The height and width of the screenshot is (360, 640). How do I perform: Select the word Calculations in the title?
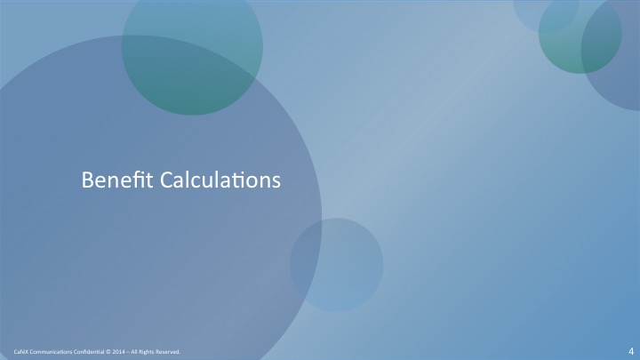[x=220, y=180]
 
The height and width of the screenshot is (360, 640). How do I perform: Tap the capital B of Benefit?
[x=87, y=180]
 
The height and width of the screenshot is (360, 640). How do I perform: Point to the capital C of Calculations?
[x=166, y=180]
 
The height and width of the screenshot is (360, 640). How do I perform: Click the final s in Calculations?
[x=276, y=182]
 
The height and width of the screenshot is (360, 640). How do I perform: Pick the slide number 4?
[x=631, y=351]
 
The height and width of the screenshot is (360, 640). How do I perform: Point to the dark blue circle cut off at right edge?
[x=612, y=57]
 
